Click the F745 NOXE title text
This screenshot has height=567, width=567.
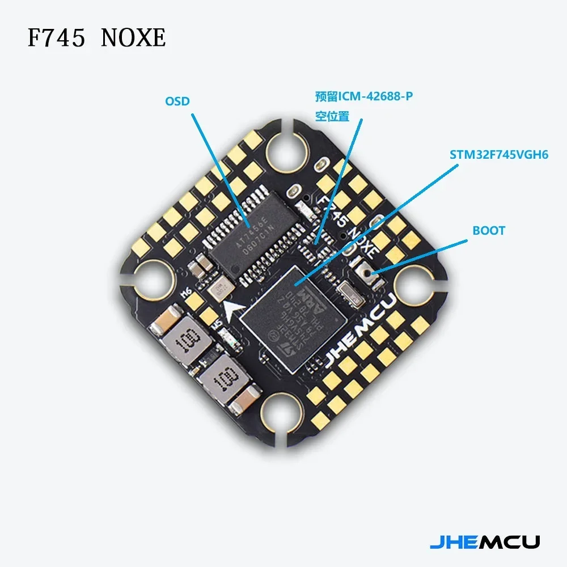(97, 38)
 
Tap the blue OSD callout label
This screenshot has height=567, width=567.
(177, 101)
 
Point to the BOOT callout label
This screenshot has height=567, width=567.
(488, 231)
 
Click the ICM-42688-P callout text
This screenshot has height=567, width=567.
(364, 97)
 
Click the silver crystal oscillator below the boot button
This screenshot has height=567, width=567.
(347, 293)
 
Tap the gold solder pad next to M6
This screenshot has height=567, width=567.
(198, 303)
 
